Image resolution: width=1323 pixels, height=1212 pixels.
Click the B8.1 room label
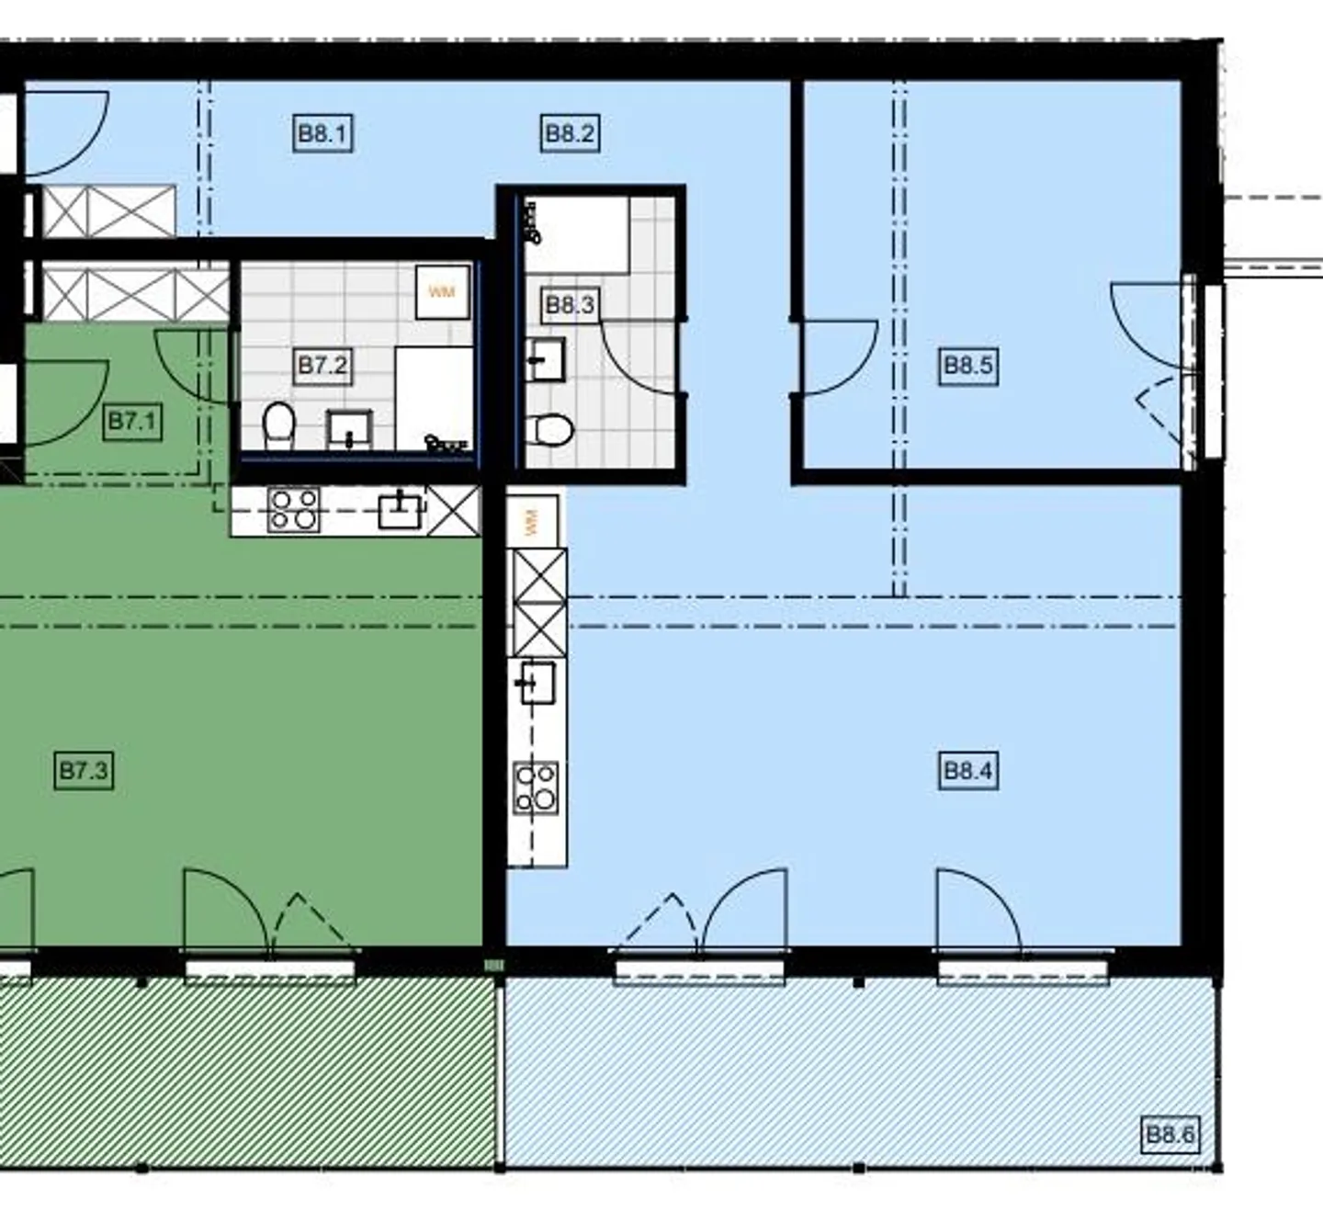tap(322, 134)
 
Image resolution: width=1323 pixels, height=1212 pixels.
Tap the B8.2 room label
tap(570, 134)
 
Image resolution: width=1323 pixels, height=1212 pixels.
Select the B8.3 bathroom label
tap(570, 305)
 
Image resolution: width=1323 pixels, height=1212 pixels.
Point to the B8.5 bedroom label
tap(968, 365)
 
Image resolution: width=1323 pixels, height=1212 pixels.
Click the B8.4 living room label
tap(968, 770)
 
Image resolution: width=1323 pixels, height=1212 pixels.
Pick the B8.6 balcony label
tap(1170, 1134)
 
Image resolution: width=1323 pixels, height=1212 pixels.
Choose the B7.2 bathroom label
tap(322, 365)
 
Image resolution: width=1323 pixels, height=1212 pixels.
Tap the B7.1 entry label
tap(132, 421)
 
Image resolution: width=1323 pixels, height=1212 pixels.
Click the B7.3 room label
tap(83, 770)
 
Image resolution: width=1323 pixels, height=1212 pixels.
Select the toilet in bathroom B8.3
tap(550, 430)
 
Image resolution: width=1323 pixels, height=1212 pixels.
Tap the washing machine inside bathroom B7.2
tap(443, 291)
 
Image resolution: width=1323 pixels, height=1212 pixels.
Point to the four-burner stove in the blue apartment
tap(537, 787)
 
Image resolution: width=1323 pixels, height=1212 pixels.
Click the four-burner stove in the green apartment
tap(293, 509)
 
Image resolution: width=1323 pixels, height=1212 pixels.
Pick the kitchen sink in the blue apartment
tap(537, 683)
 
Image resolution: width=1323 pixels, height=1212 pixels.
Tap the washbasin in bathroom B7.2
tap(349, 429)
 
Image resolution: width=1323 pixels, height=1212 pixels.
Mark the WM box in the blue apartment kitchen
tap(533, 522)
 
